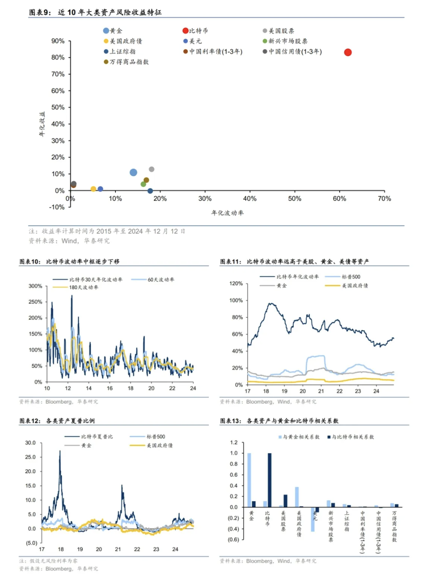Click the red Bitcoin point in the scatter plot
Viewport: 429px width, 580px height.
(x=348, y=52)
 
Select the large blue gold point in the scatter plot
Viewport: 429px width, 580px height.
(x=133, y=173)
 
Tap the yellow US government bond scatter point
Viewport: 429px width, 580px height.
(x=93, y=189)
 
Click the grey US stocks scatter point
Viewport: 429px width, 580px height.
(x=152, y=169)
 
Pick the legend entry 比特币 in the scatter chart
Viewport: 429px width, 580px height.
(x=198, y=31)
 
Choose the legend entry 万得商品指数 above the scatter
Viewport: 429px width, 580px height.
(x=129, y=62)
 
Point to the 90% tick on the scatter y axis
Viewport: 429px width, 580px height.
(x=58, y=41)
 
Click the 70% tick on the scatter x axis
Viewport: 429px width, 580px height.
(x=384, y=199)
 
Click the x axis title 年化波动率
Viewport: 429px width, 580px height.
(x=227, y=213)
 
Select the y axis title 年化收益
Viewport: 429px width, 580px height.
(x=42, y=124)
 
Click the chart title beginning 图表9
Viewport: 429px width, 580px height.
(x=95, y=12)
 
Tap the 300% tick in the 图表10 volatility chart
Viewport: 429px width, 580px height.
(x=35, y=286)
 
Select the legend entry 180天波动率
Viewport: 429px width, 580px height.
(x=83, y=288)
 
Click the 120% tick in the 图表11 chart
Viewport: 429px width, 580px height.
(x=236, y=283)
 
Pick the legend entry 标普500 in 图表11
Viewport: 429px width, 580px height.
(x=351, y=277)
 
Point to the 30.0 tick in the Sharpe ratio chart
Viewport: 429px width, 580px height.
(x=31, y=443)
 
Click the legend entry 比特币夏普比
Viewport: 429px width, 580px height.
(x=97, y=437)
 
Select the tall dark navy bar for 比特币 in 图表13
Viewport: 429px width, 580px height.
(x=270, y=480)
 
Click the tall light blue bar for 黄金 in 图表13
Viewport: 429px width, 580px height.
(x=249, y=480)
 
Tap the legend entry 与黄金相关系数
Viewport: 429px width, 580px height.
(x=301, y=437)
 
